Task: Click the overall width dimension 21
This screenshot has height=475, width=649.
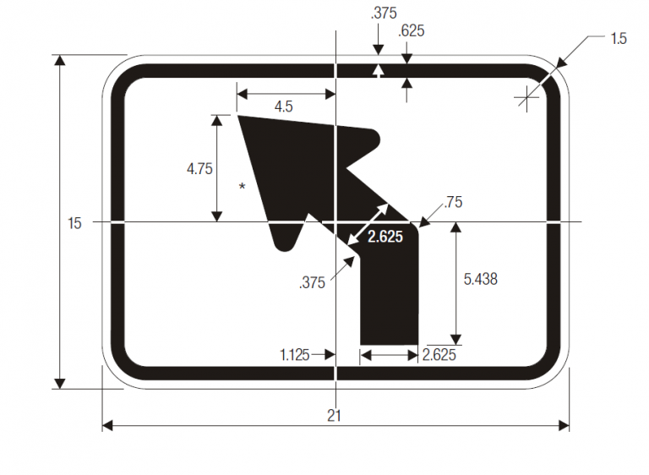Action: [336, 415]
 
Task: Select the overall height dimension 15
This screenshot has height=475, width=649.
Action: [75, 223]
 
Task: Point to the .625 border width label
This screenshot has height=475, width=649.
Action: [411, 31]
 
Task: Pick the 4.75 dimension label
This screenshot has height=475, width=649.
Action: [199, 168]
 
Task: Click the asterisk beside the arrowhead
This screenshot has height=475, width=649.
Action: [243, 187]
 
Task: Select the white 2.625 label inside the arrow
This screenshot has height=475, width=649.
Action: [384, 237]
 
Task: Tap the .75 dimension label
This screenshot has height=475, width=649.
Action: [453, 202]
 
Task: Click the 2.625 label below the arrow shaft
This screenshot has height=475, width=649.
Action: [439, 355]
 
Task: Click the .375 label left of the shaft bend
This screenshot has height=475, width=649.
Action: [312, 284]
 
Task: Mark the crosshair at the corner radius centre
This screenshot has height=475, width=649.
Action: [527, 99]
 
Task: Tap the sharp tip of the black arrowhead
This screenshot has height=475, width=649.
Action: [238, 116]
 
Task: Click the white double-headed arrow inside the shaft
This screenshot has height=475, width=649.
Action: [368, 225]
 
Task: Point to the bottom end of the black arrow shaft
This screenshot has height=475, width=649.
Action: [389, 342]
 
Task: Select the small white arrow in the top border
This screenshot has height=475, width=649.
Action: [379, 70]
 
